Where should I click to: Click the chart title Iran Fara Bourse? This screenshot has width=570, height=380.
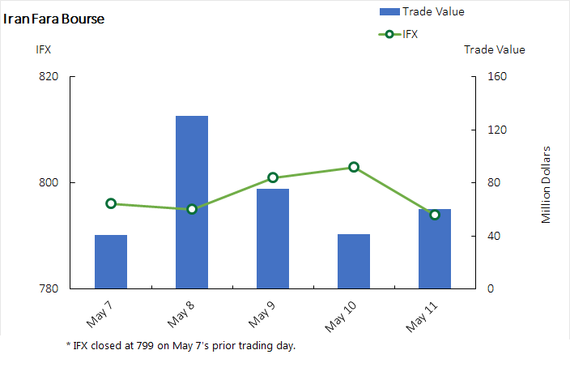click(x=54, y=19)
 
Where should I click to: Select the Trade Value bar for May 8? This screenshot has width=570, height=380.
click(x=192, y=202)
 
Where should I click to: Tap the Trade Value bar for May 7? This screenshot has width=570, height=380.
click(x=111, y=262)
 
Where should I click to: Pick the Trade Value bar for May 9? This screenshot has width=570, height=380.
click(x=273, y=238)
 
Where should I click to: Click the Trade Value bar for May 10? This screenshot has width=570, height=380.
click(x=354, y=261)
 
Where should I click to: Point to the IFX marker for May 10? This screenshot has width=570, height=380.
click(x=354, y=167)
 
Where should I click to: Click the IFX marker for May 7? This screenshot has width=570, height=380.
click(x=111, y=203)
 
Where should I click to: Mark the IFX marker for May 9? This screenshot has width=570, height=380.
click(x=273, y=177)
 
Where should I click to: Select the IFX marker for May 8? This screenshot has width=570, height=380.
click(x=192, y=209)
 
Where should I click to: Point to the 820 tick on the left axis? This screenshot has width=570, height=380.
click(x=49, y=77)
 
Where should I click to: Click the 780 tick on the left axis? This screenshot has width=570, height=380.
click(x=49, y=288)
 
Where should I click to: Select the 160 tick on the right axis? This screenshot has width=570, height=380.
click(x=496, y=77)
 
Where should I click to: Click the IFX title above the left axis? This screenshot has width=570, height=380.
click(x=44, y=49)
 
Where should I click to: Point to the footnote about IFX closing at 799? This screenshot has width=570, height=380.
click(x=181, y=346)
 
